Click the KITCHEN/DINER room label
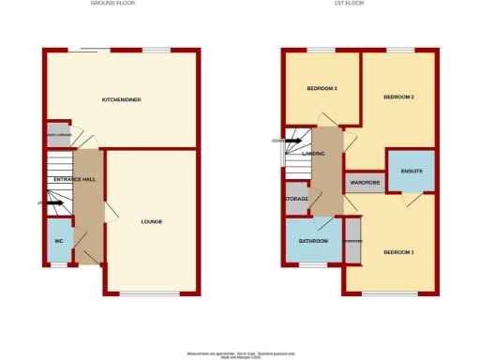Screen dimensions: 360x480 (x=122, y=99)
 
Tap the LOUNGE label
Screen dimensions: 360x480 (x=152, y=222)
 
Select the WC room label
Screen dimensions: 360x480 (x=58, y=240)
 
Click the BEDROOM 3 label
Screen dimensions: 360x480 (x=322, y=89)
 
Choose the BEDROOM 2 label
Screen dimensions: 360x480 (x=398, y=97)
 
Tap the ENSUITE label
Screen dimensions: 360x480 (x=412, y=172)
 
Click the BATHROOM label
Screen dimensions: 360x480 (x=314, y=242)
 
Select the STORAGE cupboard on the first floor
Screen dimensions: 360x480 (x=296, y=199)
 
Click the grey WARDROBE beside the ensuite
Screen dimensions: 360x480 (x=366, y=183)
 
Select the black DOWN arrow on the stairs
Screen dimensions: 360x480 (x=292, y=142)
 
